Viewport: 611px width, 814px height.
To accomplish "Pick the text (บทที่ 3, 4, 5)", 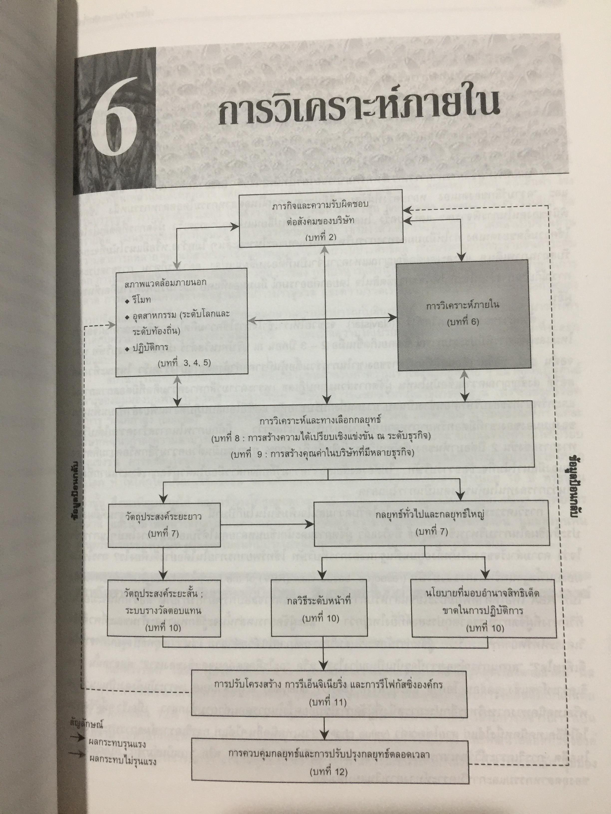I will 184,362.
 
